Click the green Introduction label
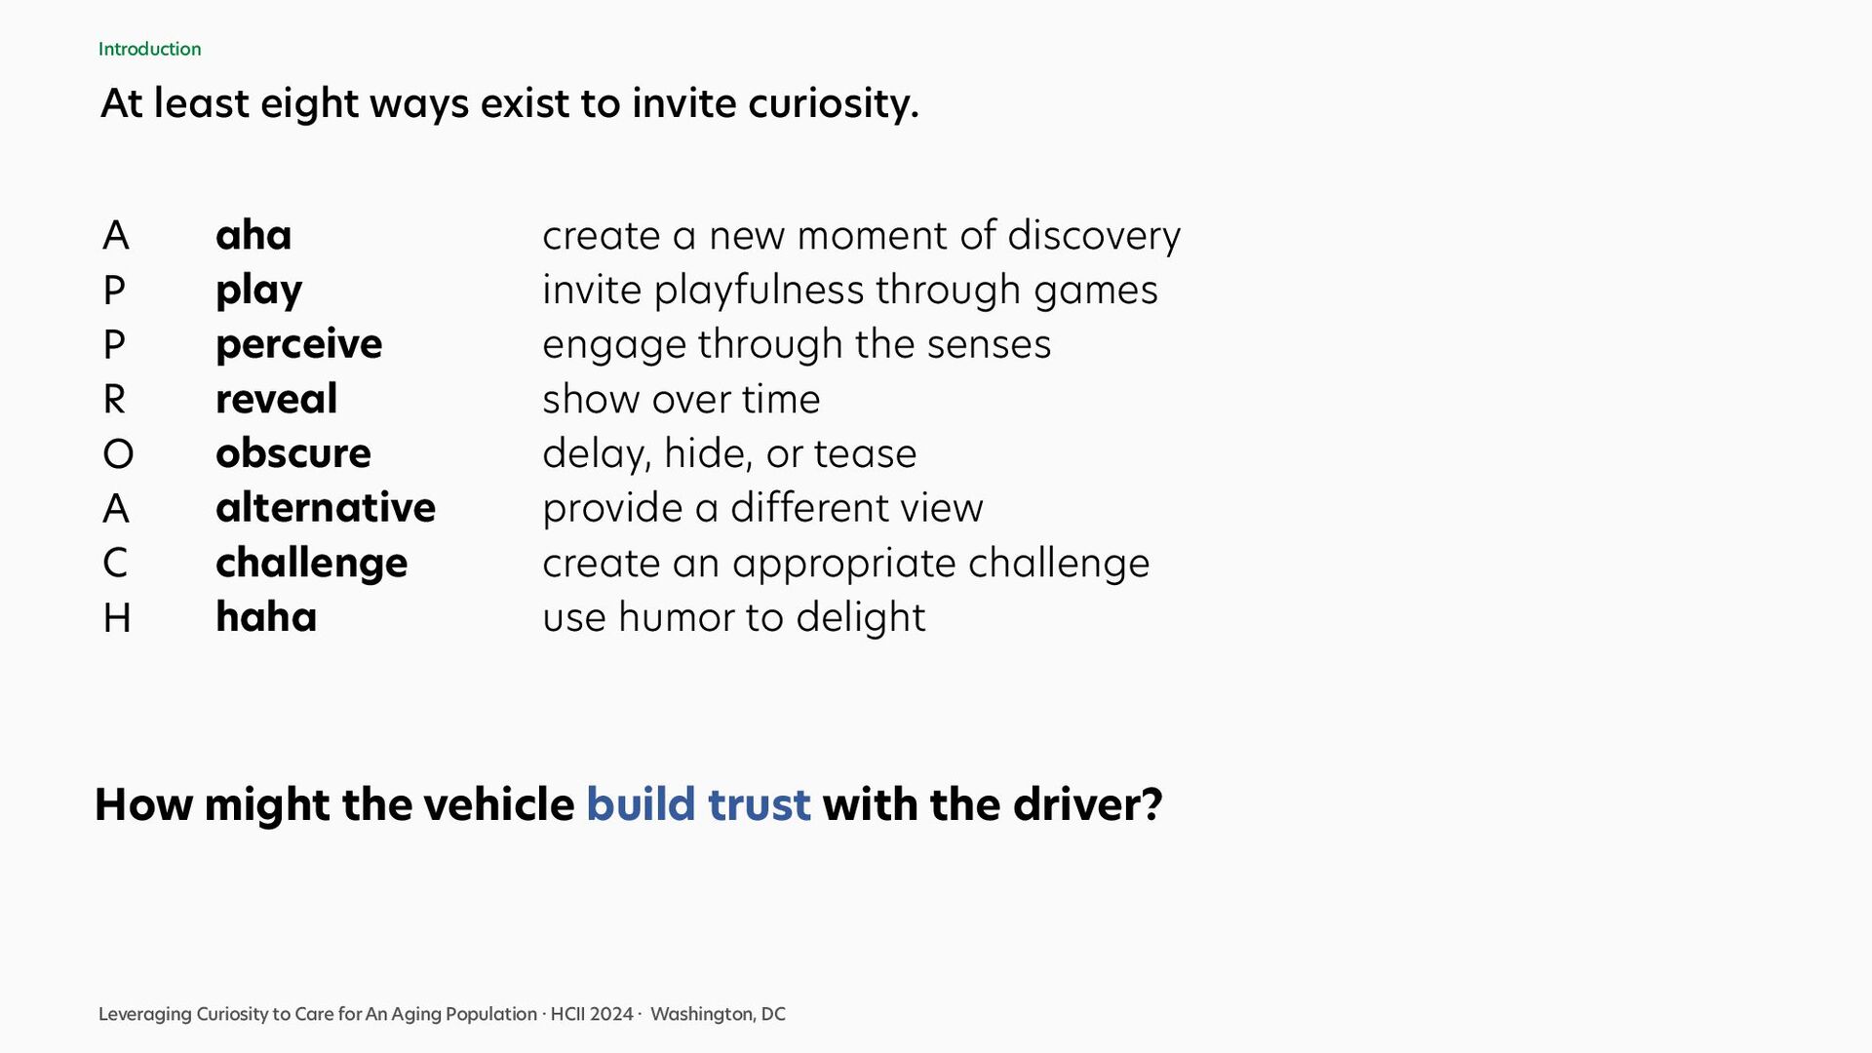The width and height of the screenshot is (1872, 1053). (x=149, y=49)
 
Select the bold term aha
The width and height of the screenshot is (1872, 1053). (x=253, y=235)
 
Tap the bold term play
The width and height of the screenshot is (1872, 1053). (x=259, y=291)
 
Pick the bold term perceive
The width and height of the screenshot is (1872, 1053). (x=299, y=345)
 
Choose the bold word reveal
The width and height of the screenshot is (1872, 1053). (x=277, y=399)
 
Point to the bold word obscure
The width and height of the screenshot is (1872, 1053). (x=293, y=453)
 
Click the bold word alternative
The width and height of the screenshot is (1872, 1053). (x=326, y=508)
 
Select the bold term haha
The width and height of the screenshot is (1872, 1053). (x=266, y=617)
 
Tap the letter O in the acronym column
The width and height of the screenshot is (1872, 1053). (x=118, y=454)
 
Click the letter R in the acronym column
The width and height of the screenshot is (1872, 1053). (x=115, y=400)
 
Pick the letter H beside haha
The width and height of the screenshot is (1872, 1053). (x=117, y=618)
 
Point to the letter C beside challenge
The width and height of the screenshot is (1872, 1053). (x=115, y=564)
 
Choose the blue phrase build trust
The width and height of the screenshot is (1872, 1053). (x=698, y=805)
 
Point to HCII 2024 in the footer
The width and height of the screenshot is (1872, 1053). (x=592, y=1014)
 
